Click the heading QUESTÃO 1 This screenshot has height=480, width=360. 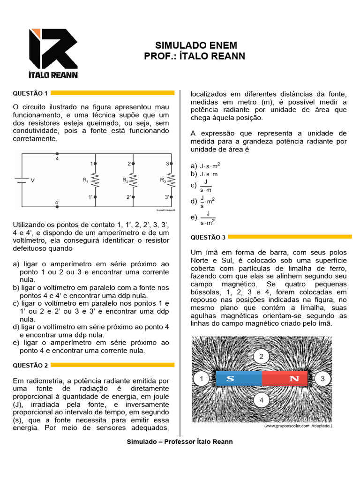pyautogui.click(x=30, y=93)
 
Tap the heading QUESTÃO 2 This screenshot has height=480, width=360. pyautogui.click(x=30, y=365)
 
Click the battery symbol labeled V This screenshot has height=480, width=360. pyautogui.click(x=20, y=180)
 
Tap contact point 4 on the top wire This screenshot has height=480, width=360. pyautogui.click(x=57, y=154)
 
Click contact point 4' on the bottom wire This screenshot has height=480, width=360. pyautogui.click(x=57, y=207)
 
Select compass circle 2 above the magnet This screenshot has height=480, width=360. pyautogui.click(x=262, y=357)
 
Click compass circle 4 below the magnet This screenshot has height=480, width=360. pyautogui.click(x=262, y=400)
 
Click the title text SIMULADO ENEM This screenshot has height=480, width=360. pyautogui.click(x=196, y=45)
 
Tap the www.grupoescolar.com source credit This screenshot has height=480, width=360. pyautogui.click(x=298, y=426)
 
